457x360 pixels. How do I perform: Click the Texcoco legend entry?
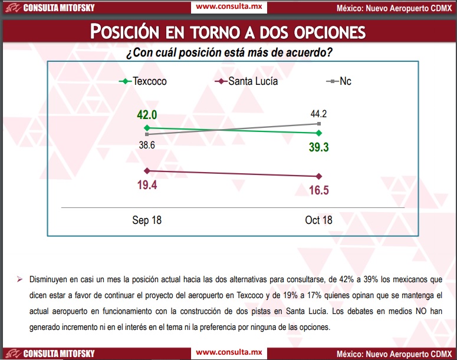(x=143, y=81)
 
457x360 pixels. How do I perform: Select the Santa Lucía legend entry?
(x=246, y=81)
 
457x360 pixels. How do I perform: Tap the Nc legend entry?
(x=338, y=81)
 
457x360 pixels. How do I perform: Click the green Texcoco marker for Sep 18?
(x=147, y=128)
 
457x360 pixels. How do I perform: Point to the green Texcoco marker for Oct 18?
(x=319, y=133)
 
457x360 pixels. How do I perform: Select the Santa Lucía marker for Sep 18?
(x=147, y=171)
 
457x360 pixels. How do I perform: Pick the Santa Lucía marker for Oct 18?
(x=319, y=176)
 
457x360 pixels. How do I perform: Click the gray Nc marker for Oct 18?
(x=319, y=124)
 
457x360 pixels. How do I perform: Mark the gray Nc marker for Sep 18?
(x=147, y=134)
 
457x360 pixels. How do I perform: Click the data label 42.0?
(x=147, y=115)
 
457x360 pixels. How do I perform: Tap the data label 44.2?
(x=318, y=114)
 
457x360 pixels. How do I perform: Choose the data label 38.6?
(x=147, y=145)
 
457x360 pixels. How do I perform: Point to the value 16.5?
(x=319, y=190)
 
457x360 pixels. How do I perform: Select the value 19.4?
(x=147, y=185)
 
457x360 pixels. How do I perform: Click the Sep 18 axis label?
(x=147, y=220)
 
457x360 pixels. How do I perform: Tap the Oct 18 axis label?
(x=318, y=220)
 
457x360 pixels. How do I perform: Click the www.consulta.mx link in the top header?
(x=229, y=6)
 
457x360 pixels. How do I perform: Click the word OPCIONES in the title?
(x=330, y=32)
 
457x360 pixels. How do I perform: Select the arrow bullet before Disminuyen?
(x=20, y=280)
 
